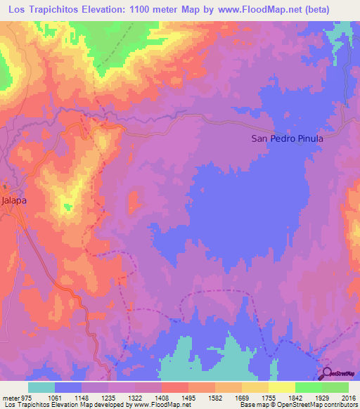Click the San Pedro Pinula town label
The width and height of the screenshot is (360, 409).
287,138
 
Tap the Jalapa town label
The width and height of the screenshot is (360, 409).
14,200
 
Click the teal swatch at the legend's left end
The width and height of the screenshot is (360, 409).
41,387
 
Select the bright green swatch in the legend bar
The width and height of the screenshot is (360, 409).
308,387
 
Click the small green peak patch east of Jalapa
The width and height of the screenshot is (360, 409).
67,206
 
